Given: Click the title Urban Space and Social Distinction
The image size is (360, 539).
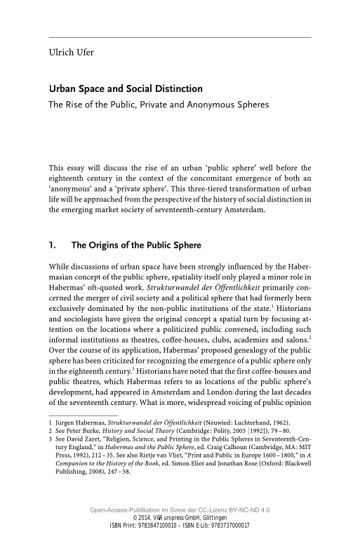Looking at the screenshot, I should click(x=125, y=90).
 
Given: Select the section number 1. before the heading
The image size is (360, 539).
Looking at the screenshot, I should click(x=51, y=246).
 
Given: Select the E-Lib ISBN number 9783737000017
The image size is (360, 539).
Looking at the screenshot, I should click(x=227, y=525).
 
